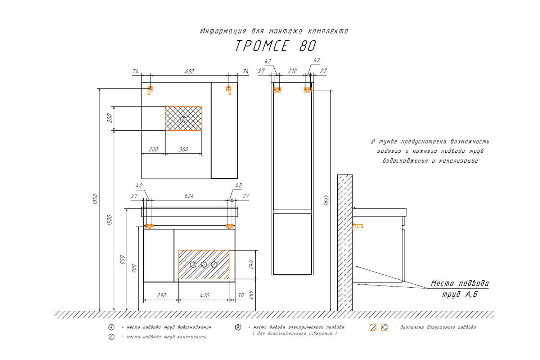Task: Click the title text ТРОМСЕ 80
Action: click(276, 46)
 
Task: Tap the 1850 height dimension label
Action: click(95, 199)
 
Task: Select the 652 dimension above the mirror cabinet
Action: click(190, 71)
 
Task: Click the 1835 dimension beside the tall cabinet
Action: click(326, 200)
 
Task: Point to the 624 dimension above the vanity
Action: click(189, 196)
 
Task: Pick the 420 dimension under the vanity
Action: click(204, 295)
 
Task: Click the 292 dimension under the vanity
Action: click(162, 295)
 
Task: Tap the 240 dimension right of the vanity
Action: click(251, 265)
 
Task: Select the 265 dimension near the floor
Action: click(251, 295)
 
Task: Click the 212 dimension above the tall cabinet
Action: click(293, 71)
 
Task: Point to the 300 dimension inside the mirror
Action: click(184, 149)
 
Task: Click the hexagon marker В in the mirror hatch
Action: click(183, 119)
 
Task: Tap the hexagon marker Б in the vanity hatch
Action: click(204, 265)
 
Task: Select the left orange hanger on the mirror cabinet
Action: click(150, 90)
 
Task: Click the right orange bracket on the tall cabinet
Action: click(307, 90)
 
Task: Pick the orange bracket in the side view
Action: click(358, 226)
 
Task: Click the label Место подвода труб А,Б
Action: click(460, 289)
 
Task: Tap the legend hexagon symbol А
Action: click(112, 327)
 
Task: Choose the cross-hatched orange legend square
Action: click(384, 327)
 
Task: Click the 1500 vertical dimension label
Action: click(110, 220)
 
